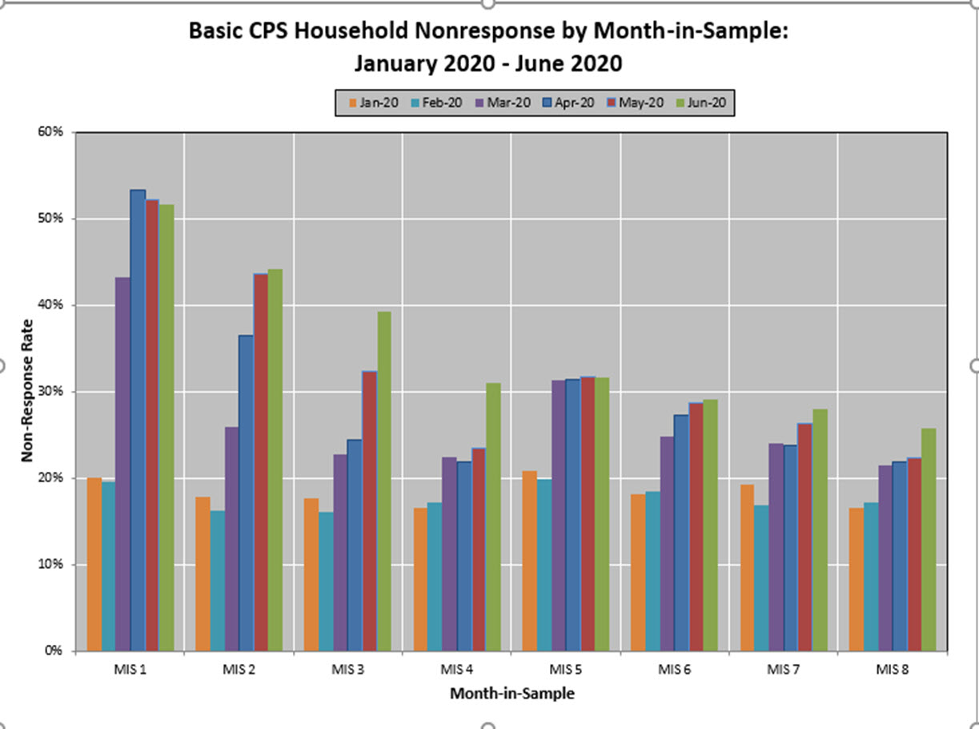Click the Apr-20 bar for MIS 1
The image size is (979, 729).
point(138,420)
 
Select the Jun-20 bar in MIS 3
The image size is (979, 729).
point(384,481)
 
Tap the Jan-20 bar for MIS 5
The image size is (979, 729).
point(529,561)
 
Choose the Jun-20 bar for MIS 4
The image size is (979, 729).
point(493,517)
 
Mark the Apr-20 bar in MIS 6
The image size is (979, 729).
point(681,532)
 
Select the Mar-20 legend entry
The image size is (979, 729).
point(504,103)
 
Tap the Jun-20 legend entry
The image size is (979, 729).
point(704,103)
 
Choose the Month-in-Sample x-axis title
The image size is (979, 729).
point(512,694)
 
